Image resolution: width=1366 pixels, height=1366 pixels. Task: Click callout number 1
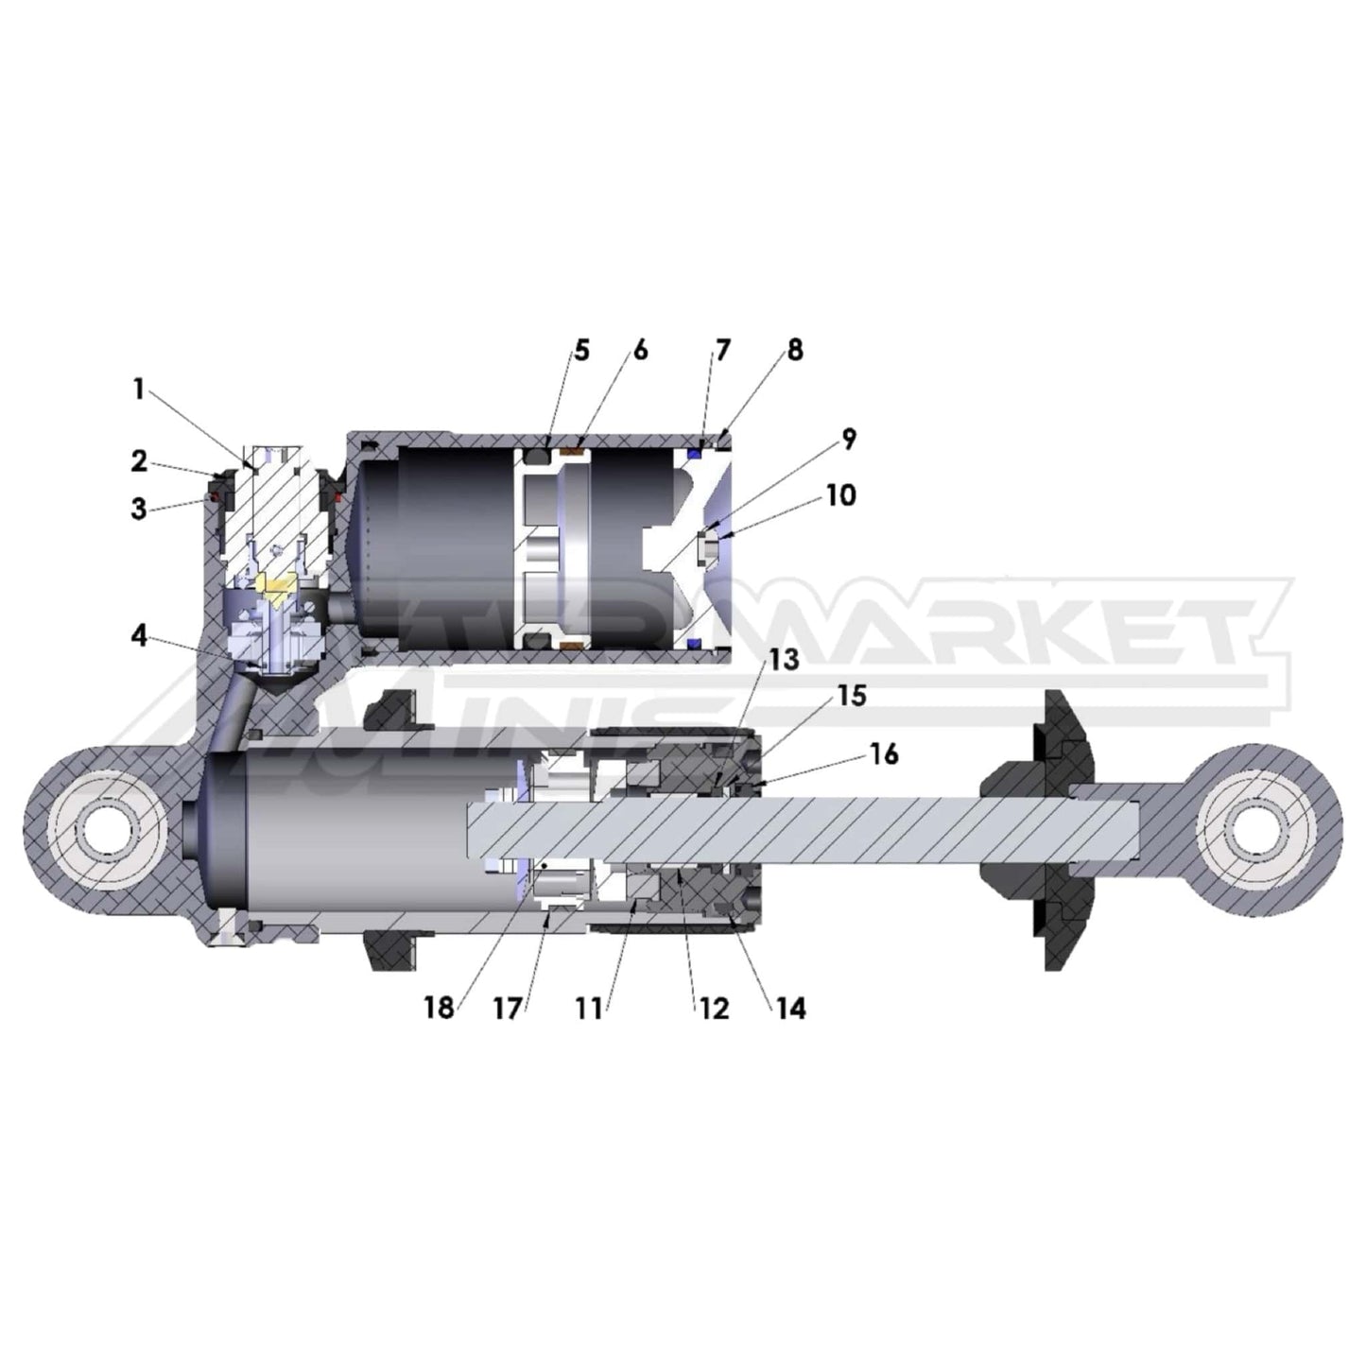tap(138, 389)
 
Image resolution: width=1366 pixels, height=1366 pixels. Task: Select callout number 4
tap(139, 636)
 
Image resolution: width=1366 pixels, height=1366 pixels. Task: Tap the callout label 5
tap(580, 351)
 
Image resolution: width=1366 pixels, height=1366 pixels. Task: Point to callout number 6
tap(640, 351)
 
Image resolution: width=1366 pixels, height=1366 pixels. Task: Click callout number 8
tap(794, 350)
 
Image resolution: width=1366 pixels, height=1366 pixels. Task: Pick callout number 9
tap(848, 439)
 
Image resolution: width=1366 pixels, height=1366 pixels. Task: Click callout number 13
tap(783, 660)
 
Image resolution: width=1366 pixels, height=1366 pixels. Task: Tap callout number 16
tap(884, 754)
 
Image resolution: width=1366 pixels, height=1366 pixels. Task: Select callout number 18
tap(439, 1009)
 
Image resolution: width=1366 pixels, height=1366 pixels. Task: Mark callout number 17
tap(508, 1009)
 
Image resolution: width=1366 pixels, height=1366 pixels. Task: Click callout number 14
tap(790, 1009)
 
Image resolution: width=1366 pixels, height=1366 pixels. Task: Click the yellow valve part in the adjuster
tap(278, 594)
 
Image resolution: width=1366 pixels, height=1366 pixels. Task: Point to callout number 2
tap(138, 461)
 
